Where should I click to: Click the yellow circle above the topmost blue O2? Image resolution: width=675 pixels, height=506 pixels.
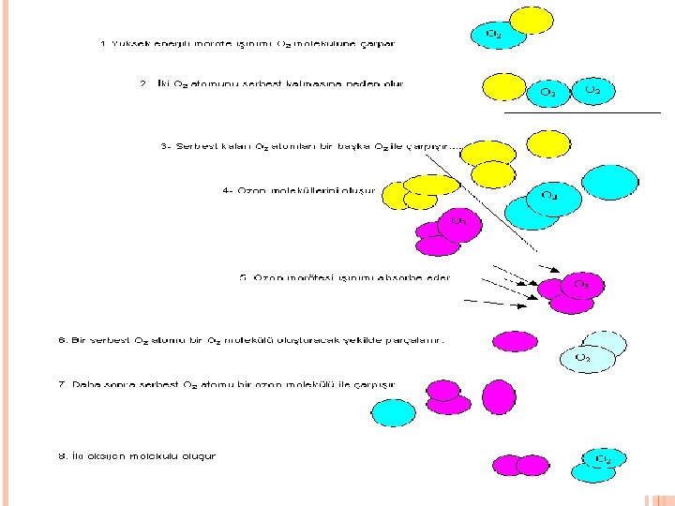[x=532, y=20]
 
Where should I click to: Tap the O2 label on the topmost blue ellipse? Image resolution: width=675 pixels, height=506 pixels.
[x=493, y=35]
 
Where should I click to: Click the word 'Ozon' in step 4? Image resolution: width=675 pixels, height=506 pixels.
[x=250, y=190]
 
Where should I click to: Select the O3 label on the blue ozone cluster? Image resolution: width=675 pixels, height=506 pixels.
[x=549, y=196]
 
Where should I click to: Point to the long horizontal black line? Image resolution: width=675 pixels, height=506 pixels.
[x=581, y=112]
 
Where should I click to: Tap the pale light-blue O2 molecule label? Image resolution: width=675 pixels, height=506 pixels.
[x=582, y=357]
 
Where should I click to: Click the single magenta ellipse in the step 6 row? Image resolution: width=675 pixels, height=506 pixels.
[x=515, y=341]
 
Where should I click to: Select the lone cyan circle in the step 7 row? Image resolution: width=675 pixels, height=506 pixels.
[x=393, y=412]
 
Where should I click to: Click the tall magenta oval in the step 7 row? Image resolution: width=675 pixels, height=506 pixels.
[x=499, y=395]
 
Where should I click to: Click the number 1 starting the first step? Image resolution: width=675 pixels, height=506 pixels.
[x=103, y=43]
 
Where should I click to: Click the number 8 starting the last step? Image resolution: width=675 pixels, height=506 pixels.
[x=62, y=456]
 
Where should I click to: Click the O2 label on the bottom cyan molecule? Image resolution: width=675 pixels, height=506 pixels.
[x=604, y=459]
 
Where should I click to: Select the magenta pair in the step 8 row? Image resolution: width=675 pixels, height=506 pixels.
[x=520, y=465]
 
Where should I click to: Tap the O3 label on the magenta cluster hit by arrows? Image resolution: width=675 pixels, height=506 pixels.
[x=581, y=283]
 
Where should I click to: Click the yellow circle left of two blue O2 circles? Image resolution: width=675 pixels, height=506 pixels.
[x=503, y=86]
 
